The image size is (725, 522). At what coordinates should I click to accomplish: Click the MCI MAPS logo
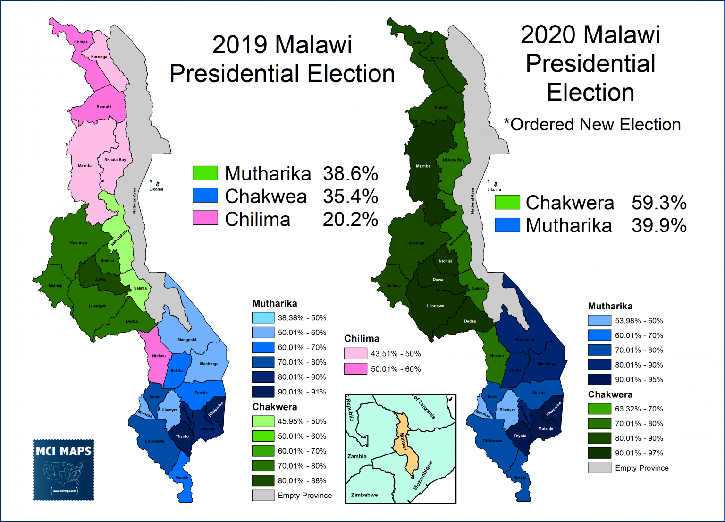64,470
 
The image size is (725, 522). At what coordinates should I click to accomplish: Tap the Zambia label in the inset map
357,456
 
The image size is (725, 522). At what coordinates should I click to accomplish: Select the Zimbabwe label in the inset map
364,495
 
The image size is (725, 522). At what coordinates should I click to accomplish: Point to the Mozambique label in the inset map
422,475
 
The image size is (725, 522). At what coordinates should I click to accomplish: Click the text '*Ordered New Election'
592,125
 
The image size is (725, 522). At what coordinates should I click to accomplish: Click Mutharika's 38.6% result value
350,174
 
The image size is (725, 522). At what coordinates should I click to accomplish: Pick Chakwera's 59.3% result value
659,203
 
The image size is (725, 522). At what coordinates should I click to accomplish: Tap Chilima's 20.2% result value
350,219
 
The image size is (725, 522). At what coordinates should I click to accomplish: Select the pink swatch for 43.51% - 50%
355,353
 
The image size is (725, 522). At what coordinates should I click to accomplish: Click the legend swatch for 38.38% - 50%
263,318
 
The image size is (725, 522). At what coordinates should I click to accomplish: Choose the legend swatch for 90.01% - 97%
599,453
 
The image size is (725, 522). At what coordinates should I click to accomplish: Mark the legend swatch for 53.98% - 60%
599,321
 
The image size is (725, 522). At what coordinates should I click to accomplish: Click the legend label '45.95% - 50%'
302,421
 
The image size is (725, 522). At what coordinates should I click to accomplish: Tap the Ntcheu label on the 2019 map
159,356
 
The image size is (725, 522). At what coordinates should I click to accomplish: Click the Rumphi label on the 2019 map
104,107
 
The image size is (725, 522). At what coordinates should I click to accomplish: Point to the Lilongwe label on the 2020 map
435,306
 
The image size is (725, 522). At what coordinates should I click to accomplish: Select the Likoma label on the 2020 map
494,189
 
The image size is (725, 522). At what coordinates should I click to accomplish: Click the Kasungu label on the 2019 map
79,243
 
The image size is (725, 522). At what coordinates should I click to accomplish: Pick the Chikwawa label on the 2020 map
492,441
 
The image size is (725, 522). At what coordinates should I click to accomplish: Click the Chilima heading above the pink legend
362,338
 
